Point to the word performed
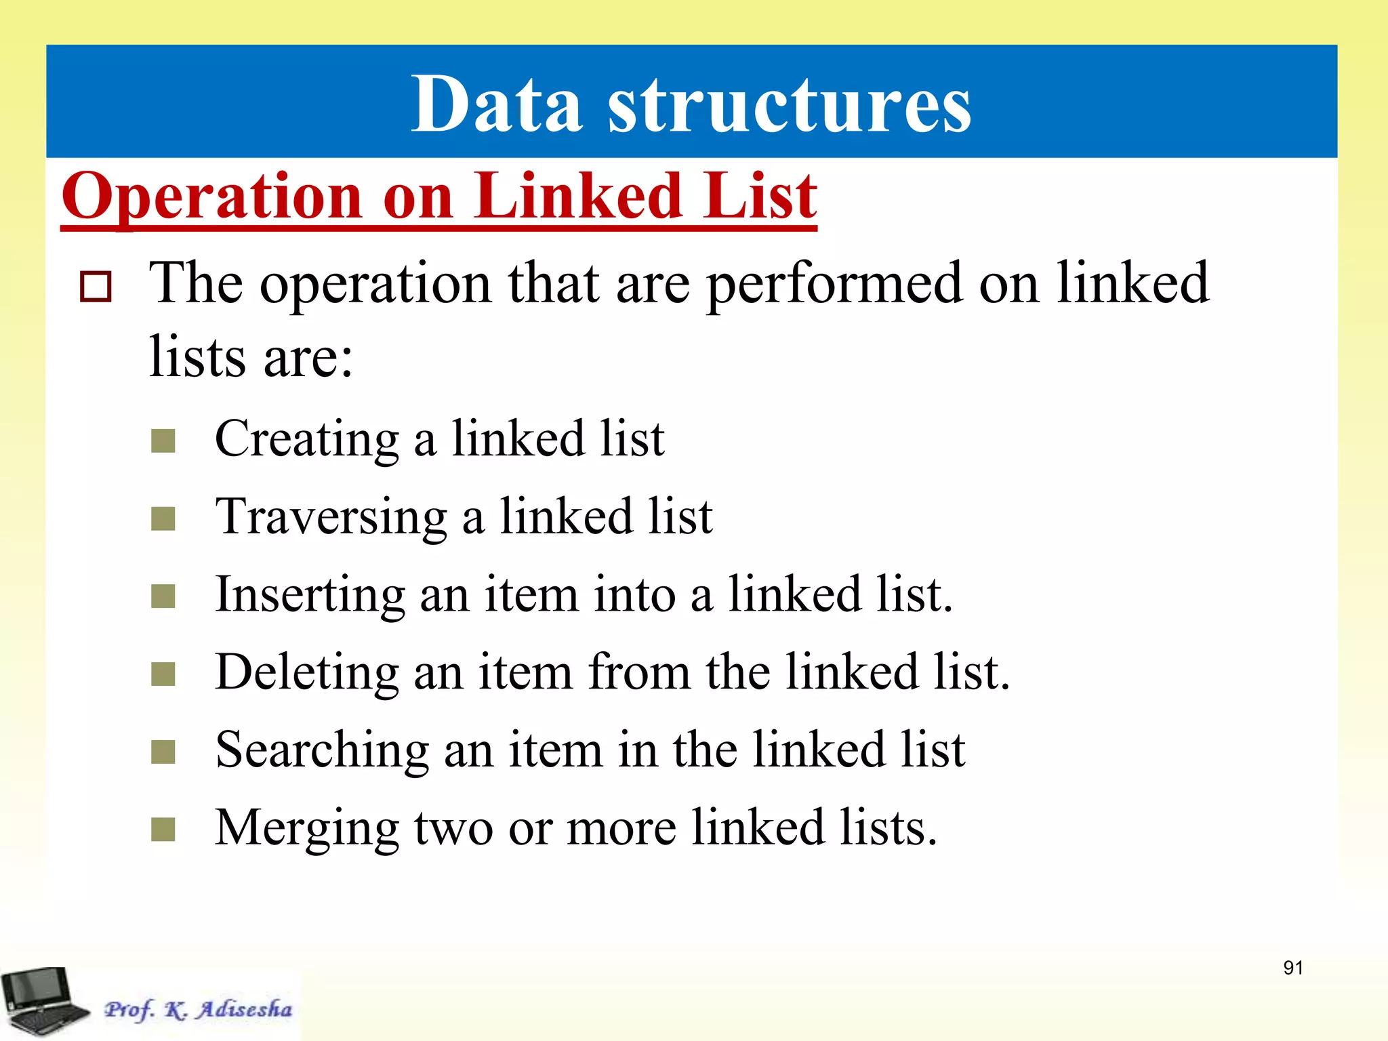coord(834,283)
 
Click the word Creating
coord(307,438)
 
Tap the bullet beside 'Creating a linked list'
coord(163,441)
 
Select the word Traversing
coord(331,516)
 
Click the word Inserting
coord(310,594)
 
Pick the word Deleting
coord(306,672)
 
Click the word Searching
coord(322,750)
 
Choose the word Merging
coord(307,828)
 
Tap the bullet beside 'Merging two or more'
coord(163,830)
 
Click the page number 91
coord(1293,968)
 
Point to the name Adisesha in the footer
coord(245,1009)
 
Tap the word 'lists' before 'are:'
coord(197,357)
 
